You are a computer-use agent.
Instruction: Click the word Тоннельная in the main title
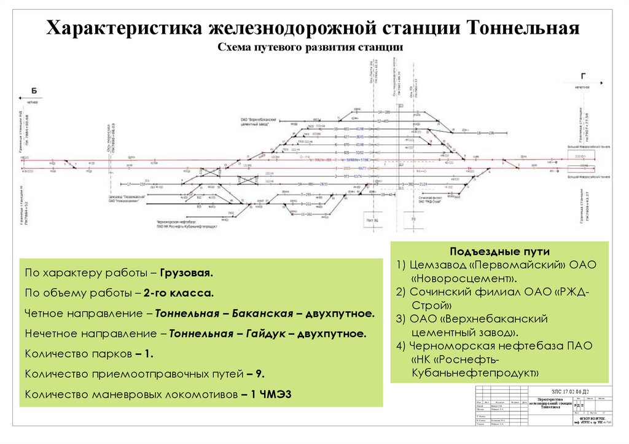point(524,28)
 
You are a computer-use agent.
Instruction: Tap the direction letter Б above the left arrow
point(34,91)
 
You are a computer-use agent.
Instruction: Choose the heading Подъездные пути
point(500,252)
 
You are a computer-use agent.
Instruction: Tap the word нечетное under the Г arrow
point(582,88)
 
